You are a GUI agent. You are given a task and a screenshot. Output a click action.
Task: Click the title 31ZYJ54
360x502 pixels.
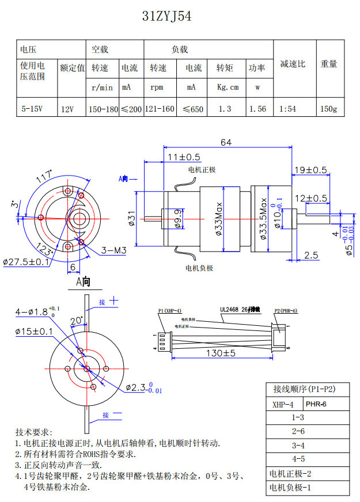point(166,17)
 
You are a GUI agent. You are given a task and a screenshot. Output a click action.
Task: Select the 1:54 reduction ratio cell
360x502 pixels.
point(288,108)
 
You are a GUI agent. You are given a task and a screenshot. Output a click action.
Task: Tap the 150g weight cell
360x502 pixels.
point(328,108)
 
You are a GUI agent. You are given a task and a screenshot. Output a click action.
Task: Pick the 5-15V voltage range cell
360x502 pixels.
point(32,108)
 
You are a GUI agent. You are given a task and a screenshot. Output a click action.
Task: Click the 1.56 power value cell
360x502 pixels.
point(257,108)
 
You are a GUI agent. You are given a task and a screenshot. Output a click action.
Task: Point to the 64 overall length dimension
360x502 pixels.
point(226,142)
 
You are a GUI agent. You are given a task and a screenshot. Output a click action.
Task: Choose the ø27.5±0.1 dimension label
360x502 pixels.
point(26,262)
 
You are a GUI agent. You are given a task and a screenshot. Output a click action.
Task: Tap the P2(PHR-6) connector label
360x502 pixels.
point(285,311)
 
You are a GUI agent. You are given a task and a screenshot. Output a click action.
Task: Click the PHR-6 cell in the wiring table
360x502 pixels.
point(316,404)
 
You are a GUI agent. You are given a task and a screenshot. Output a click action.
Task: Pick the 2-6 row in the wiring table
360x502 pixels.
point(298,431)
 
